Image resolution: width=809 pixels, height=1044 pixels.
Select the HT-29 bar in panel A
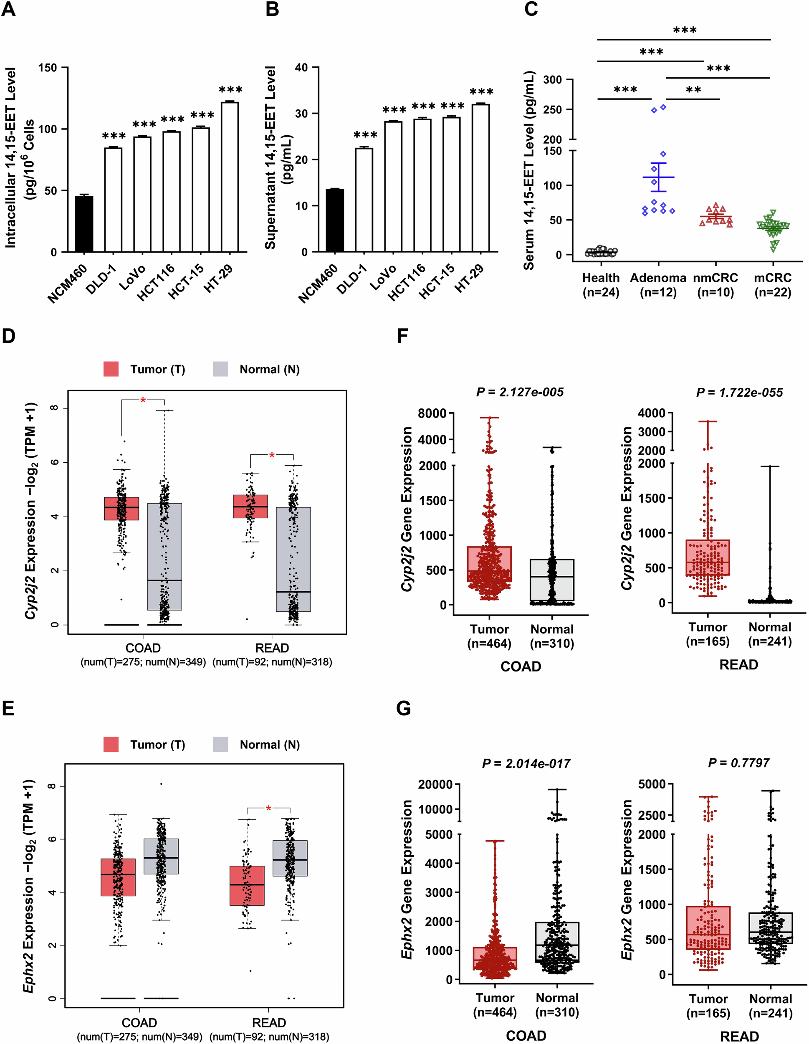(230, 177)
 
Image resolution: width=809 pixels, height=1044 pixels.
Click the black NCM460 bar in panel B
(334, 220)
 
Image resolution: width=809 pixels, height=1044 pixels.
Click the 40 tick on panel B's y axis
(301, 67)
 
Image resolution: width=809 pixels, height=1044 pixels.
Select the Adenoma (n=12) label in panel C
(658, 285)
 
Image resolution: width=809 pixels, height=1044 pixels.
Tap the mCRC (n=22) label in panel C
(773, 285)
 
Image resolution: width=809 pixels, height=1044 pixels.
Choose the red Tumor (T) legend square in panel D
(111, 369)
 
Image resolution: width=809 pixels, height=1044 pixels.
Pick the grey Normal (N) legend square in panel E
(220, 744)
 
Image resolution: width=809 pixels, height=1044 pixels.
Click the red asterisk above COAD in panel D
(143, 401)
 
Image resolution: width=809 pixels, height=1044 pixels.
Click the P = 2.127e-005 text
(520, 393)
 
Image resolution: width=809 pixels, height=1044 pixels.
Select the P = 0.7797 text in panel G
(738, 763)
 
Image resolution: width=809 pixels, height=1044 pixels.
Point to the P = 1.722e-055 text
(739, 393)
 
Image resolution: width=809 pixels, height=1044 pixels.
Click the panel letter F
(402, 336)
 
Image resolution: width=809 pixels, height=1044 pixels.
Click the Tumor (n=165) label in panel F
(708, 634)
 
